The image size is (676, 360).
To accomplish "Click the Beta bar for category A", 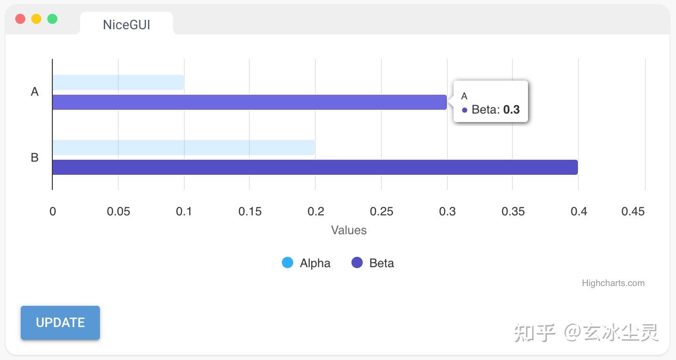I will (249, 102).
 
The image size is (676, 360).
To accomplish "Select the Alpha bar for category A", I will (118, 82).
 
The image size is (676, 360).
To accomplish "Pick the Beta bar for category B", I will (315, 167).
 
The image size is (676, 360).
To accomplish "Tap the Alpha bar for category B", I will (183, 147).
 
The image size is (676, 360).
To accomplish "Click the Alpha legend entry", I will (306, 263).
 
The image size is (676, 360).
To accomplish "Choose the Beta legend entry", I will (373, 263).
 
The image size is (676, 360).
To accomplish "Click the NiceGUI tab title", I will (126, 25).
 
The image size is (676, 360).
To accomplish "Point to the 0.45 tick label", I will (633, 212).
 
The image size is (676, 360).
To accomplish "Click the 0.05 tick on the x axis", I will (118, 212).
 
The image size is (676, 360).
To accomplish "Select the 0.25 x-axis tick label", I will (381, 212).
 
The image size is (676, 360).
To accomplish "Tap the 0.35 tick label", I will (513, 212).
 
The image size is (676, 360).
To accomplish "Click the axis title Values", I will (348, 230).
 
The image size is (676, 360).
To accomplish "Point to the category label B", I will (34, 157).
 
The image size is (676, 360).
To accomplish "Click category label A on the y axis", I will (34, 92).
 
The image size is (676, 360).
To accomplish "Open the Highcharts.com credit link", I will (613, 283).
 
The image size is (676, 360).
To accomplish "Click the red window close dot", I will (20, 19).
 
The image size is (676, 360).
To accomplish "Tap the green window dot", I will (52, 19).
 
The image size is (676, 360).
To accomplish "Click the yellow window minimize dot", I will (36, 19).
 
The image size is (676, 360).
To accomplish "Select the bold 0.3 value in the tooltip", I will (511, 110).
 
